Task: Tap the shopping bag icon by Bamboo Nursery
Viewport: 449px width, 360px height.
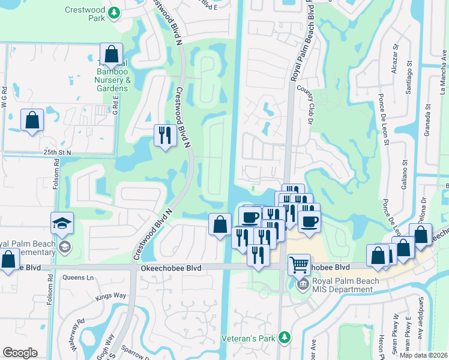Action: pyautogui.click(x=112, y=55)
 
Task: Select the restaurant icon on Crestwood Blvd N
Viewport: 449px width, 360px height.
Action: pyautogui.click(x=164, y=135)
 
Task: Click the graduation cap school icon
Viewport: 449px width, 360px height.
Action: pyautogui.click(x=62, y=223)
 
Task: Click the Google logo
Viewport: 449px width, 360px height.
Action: pyautogui.click(x=20, y=353)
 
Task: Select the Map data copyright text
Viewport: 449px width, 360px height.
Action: pyautogui.click(x=424, y=355)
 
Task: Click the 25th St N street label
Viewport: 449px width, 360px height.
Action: pyautogui.click(x=57, y=152)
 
